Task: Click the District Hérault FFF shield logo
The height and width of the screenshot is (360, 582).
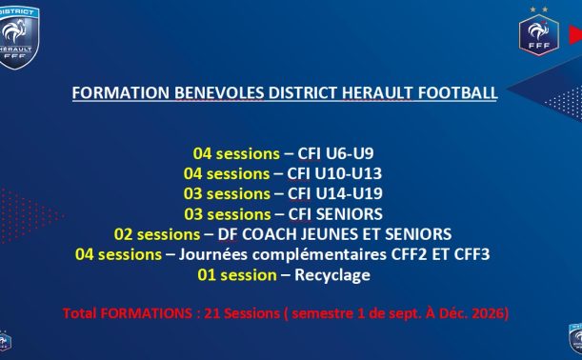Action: coord(18,38)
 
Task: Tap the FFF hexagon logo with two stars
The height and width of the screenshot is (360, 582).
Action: coord(539,31)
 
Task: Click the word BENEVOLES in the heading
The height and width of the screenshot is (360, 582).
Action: coord(219,92)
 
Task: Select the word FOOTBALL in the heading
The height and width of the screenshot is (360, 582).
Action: coord(457,92)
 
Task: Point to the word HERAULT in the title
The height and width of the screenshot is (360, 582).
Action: coord(377,92)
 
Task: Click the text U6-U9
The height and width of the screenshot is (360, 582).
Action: coord(350,153)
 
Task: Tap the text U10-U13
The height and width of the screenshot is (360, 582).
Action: coord(349,173)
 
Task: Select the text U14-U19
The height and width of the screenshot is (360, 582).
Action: coord(350,193)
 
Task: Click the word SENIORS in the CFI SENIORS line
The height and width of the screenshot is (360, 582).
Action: coord(350,214)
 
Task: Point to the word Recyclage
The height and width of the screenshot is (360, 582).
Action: coord(332,276)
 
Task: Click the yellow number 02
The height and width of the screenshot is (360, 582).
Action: coord(123,234)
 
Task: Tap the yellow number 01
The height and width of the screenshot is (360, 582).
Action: coord(207,275)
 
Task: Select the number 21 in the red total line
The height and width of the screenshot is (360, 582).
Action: coord(212,313)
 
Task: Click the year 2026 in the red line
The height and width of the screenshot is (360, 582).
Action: coord(487,313)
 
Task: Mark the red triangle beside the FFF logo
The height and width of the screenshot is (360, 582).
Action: coord(576,34)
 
